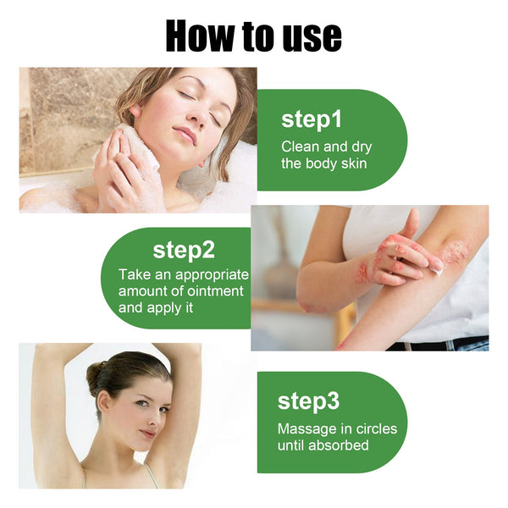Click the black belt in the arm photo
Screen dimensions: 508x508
tap(440, 345)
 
